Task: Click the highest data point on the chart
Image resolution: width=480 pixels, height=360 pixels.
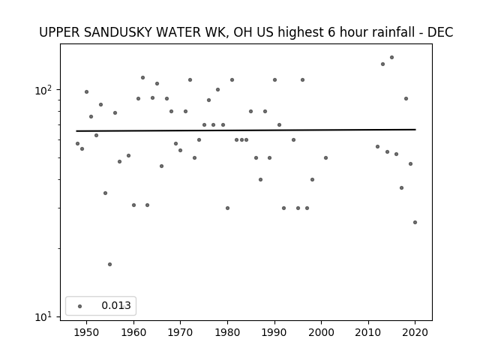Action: click(391, 58)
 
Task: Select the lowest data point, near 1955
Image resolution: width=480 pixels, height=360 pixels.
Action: click(110, 265)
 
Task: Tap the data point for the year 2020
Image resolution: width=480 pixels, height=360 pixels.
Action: click(415, 223)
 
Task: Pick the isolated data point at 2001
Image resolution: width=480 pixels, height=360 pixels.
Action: click(325, 158)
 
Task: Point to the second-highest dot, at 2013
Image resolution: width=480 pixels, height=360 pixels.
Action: click(382, 64)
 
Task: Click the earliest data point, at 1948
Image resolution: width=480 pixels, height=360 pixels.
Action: click(77, 143)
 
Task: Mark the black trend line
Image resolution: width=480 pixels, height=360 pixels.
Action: click(246, 130)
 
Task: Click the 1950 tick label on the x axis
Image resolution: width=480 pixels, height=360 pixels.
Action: click(87, 332)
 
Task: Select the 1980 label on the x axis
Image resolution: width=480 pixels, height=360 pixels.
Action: click(227, 332)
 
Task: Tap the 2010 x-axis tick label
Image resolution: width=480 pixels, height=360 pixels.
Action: click(368, 332)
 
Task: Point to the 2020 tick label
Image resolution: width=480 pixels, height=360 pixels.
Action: click(415, 332)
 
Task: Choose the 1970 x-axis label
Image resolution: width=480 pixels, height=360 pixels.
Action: click(180, 332)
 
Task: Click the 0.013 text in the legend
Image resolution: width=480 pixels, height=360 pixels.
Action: click(116, 305)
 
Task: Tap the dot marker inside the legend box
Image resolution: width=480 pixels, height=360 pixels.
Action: click(80, 307)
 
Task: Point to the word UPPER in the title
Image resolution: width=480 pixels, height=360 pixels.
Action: click(59, 32)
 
